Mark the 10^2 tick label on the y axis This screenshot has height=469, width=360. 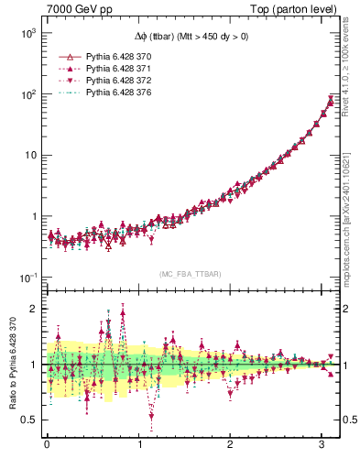point(27,94)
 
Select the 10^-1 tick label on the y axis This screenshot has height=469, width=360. point(27,278)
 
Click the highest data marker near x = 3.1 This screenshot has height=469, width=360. point(331,98)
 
